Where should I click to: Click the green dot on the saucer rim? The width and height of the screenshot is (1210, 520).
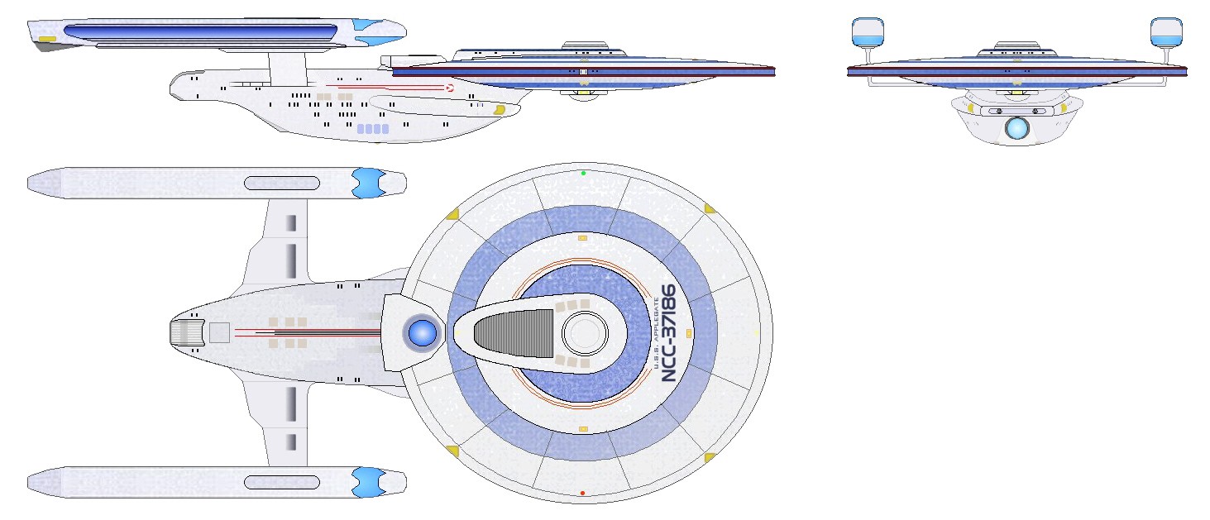pyautogui.click(x=583, y=173)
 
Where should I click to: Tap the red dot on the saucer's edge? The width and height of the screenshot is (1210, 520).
pyautogui.click(x=582, y=493)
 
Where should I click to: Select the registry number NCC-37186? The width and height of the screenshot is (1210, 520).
pyautogui.click(x=669, y=333)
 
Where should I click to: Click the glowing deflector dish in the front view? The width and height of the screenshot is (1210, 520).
pyautogui.click(x=1017, y=127)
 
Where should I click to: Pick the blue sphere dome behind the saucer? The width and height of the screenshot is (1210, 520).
pyautogui.click(x=422, y=332)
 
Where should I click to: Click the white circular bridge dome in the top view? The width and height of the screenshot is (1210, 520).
pyautogui.click(x=585, y=333)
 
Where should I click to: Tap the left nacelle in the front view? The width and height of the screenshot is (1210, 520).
pyautogui.click(x=868, y=32)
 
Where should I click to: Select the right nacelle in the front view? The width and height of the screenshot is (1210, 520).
pyautogui.click(x=1166, y=32)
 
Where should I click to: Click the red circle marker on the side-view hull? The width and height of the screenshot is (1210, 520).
pyautogui.click(x=450, y=88)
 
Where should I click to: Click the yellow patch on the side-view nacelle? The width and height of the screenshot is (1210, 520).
pyautogui.click(x=47, y=39)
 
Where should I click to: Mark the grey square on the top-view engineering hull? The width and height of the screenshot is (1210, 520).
pyautogui.click(x=219, y=332)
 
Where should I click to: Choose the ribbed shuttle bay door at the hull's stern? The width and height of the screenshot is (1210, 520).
pyautogui.click(x=181, y=332)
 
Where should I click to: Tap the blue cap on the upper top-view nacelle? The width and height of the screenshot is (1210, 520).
pyautogui.click(x=369, y=183)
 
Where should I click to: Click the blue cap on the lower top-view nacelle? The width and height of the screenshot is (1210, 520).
pyautogui.click(x=369, y=482)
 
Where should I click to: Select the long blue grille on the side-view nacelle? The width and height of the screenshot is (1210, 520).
pyautogui.click(x=200, y=33)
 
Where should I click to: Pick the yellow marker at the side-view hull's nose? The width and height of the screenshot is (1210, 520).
pyautogui.click(x=499, y=110)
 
